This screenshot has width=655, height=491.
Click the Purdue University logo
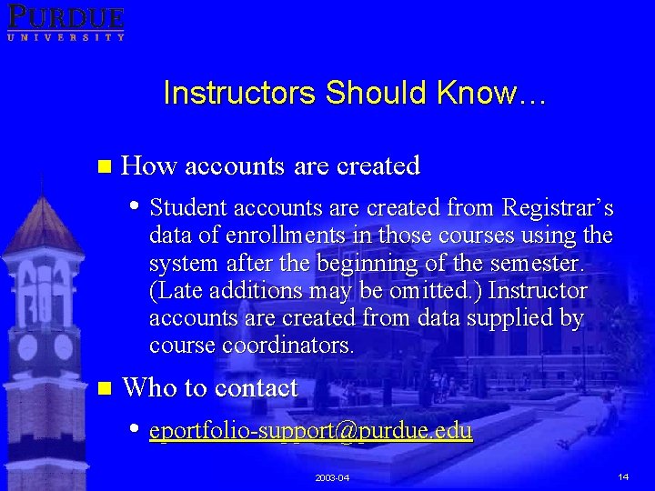pyautogui.click(x=65, y=21)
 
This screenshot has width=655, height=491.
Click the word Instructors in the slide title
pyautogui.click(x=239, y=93)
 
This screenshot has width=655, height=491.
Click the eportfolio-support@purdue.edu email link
pyautogui.click(x=311, y=430)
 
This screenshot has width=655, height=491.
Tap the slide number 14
pyautogui.click(x=623, y=476)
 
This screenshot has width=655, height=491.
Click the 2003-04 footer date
pyautogui.click(x=332, y=477)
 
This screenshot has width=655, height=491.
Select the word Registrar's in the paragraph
pyautogui.click(x=558, y=207)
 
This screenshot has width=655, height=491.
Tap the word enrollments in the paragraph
pyautogui.click(x=289, y=235)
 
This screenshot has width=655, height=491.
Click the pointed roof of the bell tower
pyautogui.click(x=40, y=218)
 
